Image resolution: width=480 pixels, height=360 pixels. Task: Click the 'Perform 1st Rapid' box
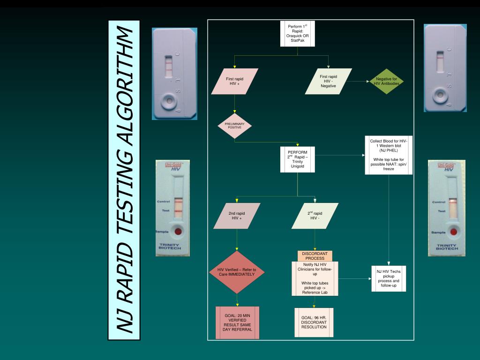click(297, 34)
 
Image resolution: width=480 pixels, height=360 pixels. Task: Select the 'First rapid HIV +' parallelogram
click(235, 82)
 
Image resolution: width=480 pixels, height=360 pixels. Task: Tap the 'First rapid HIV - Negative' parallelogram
click(328, 82)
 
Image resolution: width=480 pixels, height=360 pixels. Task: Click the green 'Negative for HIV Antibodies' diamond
click(386, 82)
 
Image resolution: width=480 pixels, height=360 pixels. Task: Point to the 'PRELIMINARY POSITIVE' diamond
click(234, 126)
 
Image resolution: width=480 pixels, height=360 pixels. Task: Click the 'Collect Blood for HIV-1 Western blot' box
click(389, 155)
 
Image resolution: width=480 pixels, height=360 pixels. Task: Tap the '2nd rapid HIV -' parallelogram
click(315, 216)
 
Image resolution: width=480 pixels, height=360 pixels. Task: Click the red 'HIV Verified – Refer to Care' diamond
click(237, 272)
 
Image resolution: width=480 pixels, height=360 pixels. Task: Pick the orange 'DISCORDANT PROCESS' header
click(315, 256)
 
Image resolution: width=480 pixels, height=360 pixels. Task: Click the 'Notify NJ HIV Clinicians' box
click(315, 278)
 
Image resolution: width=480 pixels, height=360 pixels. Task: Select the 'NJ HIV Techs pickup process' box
click(389, 278)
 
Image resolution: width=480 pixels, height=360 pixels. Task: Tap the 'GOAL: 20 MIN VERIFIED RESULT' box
click(238, 322)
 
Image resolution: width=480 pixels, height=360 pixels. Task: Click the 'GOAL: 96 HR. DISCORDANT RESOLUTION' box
click(314, 322)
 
